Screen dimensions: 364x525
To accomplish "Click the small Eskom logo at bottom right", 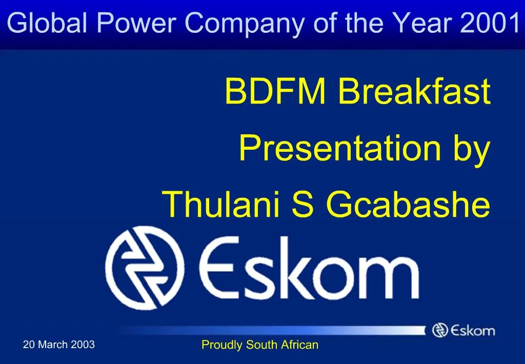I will point(463,330).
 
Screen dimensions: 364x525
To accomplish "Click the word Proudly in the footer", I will point(223,345).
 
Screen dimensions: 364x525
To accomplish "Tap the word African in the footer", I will point(299,345).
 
